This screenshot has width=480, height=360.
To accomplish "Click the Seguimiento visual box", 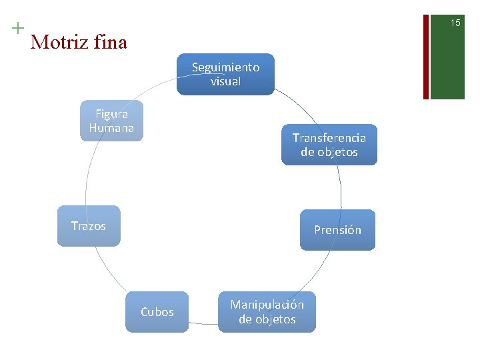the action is pos(225,74).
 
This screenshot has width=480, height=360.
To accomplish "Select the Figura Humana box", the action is pos(111,121).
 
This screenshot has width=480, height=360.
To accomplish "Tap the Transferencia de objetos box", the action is pos(329,145).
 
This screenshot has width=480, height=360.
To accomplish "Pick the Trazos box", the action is pos(89,226).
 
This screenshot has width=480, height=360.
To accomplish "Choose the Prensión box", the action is pos(337,230).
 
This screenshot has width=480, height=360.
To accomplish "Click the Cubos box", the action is pos(157,312).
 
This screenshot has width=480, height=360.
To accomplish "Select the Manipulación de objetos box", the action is pos(267,312).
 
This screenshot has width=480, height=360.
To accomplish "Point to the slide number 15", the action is pos(455,23).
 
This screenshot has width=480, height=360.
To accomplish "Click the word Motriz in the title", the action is pos(59,43).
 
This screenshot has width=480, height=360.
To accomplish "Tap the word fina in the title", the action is pos(110,43).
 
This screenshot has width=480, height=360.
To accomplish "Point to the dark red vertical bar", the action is pos(425,50).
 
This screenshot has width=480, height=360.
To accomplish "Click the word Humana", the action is pos(111,128).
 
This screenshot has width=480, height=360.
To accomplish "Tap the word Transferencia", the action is pos(329,138).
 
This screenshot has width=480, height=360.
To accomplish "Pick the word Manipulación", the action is pos(267,305).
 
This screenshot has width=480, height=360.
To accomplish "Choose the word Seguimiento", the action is pos(225,67).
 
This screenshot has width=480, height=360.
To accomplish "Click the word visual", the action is pos(225,81).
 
